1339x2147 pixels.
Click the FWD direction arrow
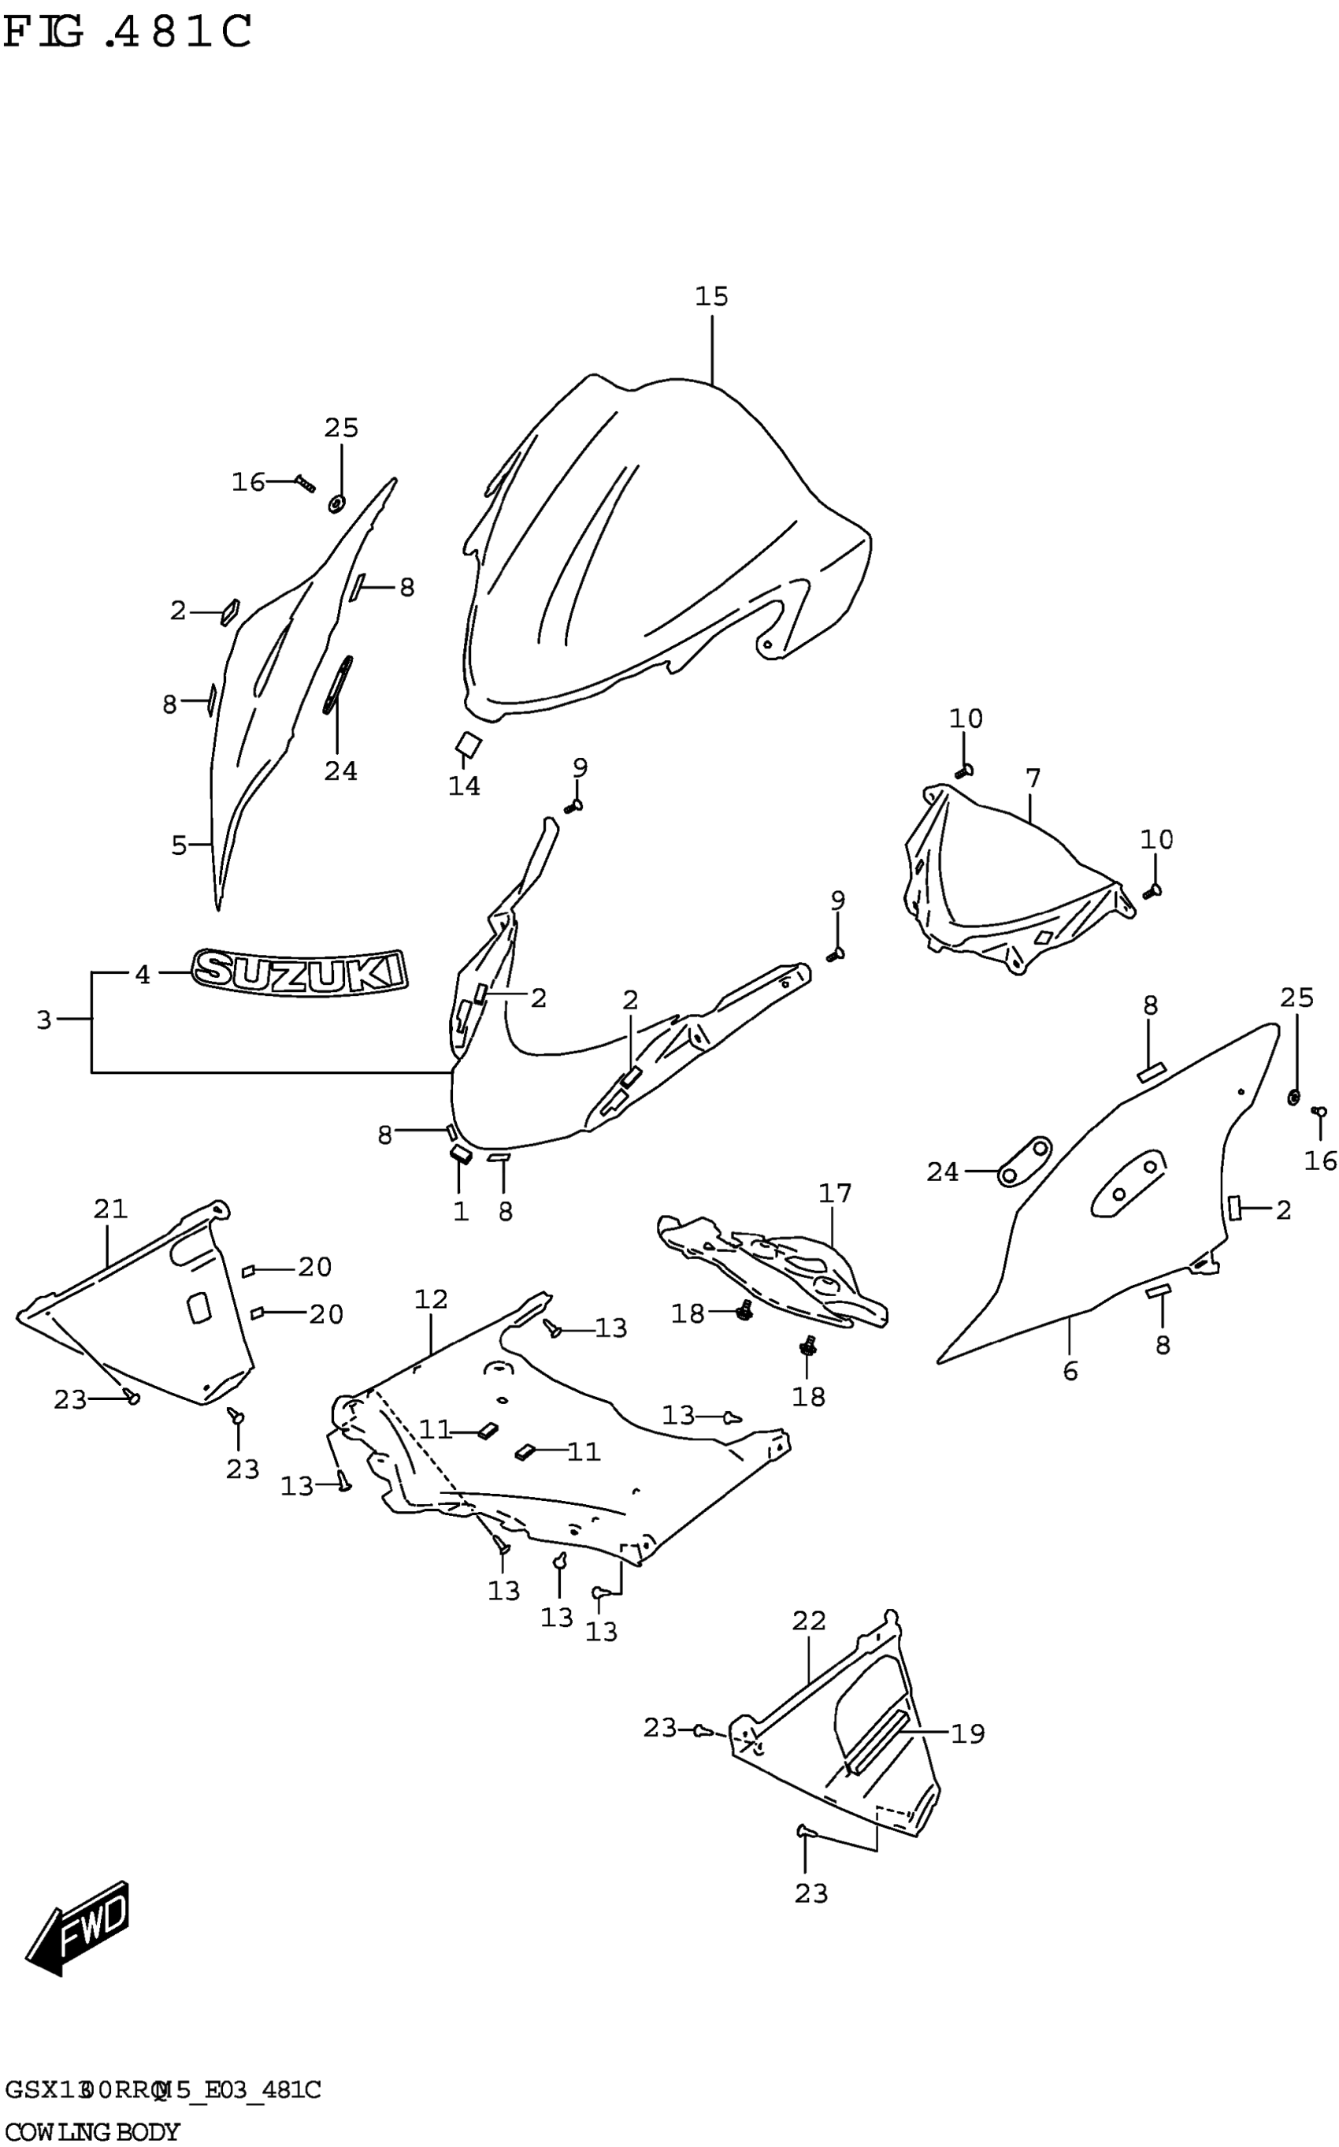point(80,1926)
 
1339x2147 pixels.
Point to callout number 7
point(1033,778)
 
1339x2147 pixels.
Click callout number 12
point(432,1299)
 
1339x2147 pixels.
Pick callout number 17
point(834,1194)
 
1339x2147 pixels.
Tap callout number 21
point(111,1208)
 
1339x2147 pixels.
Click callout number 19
point(968,1733)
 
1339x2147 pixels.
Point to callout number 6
point(1070,1372)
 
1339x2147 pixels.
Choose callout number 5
point(179,846)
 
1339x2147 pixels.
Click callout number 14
point(464,786)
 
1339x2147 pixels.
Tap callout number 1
point(461,1211)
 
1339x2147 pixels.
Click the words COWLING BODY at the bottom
point(92,2132)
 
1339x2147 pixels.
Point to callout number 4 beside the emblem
point(143,975)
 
